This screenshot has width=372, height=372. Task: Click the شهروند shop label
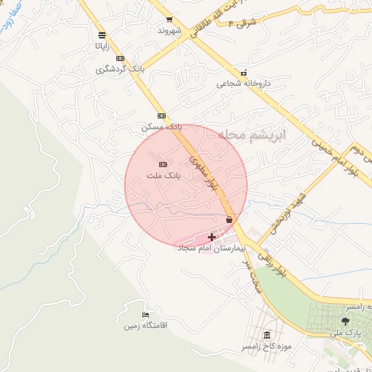pyautogui.click(x=169, y=31)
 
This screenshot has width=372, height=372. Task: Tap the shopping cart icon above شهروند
pyautogui.click(x=169, y=20)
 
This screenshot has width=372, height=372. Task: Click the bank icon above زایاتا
pyautogui.click(x=101, y=34)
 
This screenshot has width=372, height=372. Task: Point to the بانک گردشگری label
pyautogui.click(x=121, y=70)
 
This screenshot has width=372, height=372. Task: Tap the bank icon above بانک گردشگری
pyautogui.click(x=120, y=59)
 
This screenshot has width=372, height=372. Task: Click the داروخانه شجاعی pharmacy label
pyautogui.click(x=243, y=84)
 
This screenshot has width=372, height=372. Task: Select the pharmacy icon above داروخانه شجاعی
pyautogui.click(x=243, y=73)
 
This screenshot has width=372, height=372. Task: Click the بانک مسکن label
pyautogui.click(x=161, y=126)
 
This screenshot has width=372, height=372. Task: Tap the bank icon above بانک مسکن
pyautogui.click(x=161, y=116)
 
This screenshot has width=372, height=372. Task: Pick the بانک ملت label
pyautogui.click(x=162, y=175)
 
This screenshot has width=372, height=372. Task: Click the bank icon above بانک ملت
pyautogui.click(x=162, y=164)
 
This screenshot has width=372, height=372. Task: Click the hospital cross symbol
pyautogui.click(x=212, y=237)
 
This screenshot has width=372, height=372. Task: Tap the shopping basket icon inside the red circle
pyautogui.click(x=230, y=219)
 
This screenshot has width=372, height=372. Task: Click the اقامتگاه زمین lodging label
pyautogui.click(x=145, y=325)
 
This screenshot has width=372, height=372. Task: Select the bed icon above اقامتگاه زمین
pyautogui.click(x=146, y=315)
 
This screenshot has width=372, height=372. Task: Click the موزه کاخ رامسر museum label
pyautogui.click(x=267, y=347)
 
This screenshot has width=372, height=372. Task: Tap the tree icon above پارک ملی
pyautogui.click(x=345, y=321)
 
